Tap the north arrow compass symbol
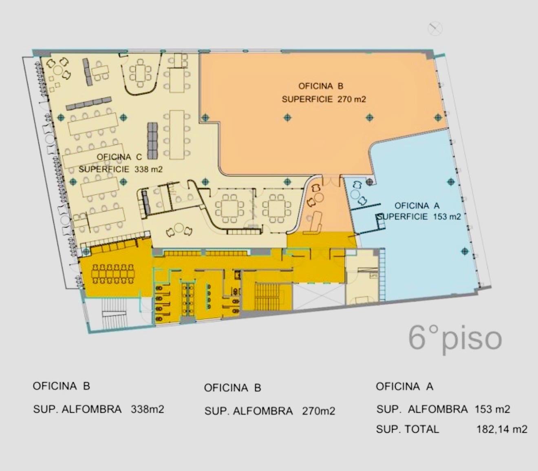pos(435,29)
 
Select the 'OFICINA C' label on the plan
pos(119,157)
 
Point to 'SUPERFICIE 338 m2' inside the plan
pos(120,169)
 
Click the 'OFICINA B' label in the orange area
pos(321,86)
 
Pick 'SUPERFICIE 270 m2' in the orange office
pos(324,99)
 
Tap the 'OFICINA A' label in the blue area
pos(417,206)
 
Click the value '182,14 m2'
pos(502,429)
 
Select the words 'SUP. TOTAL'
pos(408,429)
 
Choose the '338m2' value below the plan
pos(148,409)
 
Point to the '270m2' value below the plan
pos(319,411)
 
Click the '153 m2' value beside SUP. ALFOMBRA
pos(492,409)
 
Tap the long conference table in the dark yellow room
pos(112,274)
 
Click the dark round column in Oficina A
pos(369,181)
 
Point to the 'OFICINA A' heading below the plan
pos(404,386)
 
